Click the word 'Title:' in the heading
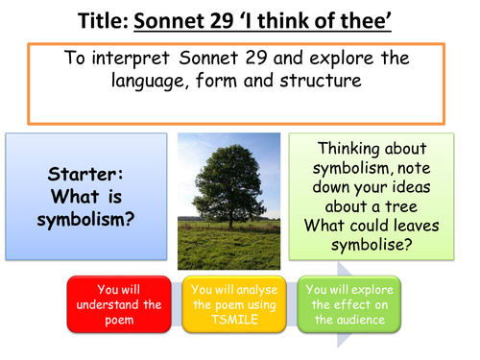click(100, 19)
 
